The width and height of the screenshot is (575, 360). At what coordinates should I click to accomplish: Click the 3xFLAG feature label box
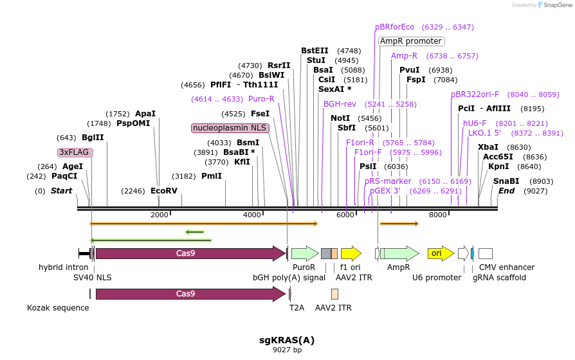tap(75, 152)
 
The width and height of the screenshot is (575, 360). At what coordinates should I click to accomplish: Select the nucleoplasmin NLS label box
tap(230, 128)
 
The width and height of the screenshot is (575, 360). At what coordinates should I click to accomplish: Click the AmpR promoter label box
tap(411, 41)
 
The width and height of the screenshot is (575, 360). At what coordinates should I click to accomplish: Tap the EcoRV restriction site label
tap(163, 191)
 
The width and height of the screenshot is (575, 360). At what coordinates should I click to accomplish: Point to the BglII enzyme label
tap(93, 138)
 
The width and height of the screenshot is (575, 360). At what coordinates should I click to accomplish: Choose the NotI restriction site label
tap(340, 118)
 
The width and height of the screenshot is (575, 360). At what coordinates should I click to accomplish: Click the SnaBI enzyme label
tap(506, 181)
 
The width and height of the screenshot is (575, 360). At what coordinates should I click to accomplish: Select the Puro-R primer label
tap(261, 99)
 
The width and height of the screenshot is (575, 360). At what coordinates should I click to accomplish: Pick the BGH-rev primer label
tap(340, 104)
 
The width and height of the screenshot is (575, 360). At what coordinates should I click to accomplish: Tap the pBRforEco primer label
tap(395, 27)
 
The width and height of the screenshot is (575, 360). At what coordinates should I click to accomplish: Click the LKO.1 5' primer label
tap(484, 133)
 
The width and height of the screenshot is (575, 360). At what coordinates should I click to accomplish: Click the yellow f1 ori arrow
tap(351, 253)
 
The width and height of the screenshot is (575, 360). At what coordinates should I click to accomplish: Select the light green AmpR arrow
tap(399, 253)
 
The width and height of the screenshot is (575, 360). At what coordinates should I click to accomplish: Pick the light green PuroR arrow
tap(304, 253)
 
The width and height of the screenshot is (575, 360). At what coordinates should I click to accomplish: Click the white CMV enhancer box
tap(486, 253)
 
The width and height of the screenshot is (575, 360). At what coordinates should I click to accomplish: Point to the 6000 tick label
tap(345, 215)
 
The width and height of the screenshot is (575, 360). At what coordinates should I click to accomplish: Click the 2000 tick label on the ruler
tap(159, 215)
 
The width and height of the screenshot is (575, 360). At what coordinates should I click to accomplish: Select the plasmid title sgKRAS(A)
tap(287, 340)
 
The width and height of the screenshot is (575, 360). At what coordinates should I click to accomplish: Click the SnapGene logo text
tap(557, 5)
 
